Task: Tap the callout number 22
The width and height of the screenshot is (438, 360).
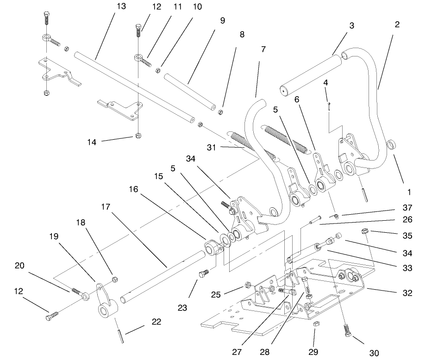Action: coord(157,322)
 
